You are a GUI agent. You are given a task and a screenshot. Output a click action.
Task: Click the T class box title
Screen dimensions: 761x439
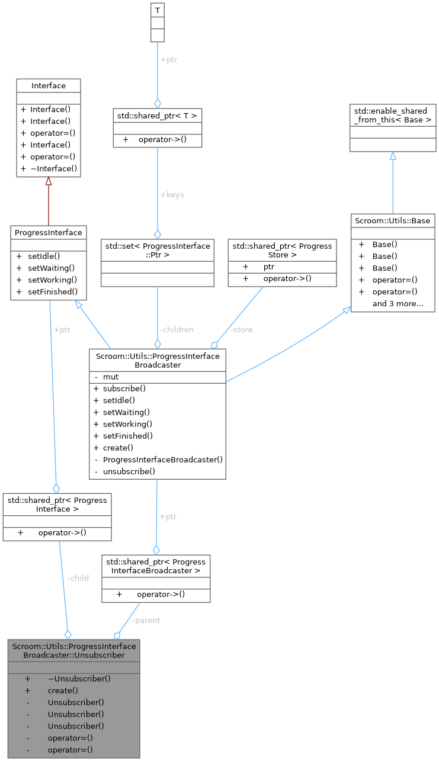(x=157, y=9)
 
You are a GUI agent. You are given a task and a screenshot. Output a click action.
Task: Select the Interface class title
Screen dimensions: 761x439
(x=48, y=86)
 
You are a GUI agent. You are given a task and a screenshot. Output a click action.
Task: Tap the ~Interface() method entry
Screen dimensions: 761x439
(x=53, y=169)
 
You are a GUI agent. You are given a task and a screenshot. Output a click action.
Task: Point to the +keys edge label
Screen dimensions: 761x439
(x=172, y=195)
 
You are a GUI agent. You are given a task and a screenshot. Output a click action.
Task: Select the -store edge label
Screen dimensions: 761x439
(x=241, y=329)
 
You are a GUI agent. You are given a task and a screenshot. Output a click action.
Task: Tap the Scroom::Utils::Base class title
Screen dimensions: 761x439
(x=392, y=220)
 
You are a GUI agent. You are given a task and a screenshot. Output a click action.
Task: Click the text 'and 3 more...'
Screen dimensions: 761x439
(x=398, y=304)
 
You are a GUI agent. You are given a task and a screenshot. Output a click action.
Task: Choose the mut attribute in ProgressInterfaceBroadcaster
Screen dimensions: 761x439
(x=111, y=377)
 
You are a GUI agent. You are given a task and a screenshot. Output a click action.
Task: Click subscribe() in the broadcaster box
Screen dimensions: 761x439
(x=124, y=388)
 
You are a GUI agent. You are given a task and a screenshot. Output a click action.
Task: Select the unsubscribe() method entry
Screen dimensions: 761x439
(x=129, y=471)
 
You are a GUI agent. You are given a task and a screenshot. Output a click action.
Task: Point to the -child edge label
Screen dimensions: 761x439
(x=78, y=577)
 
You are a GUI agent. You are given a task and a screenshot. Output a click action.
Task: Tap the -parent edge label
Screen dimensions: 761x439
(x=146, y=620)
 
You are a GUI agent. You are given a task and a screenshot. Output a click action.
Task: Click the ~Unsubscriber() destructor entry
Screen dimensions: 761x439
(x=79, y=679)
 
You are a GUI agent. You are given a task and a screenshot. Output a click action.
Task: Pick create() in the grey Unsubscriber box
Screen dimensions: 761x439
(x=63, y=691)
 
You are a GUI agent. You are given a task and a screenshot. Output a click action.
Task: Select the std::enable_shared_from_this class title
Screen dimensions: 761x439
(x=392, y=115)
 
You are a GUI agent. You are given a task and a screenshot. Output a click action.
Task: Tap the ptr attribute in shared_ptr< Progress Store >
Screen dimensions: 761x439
(x=268, y=266)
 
